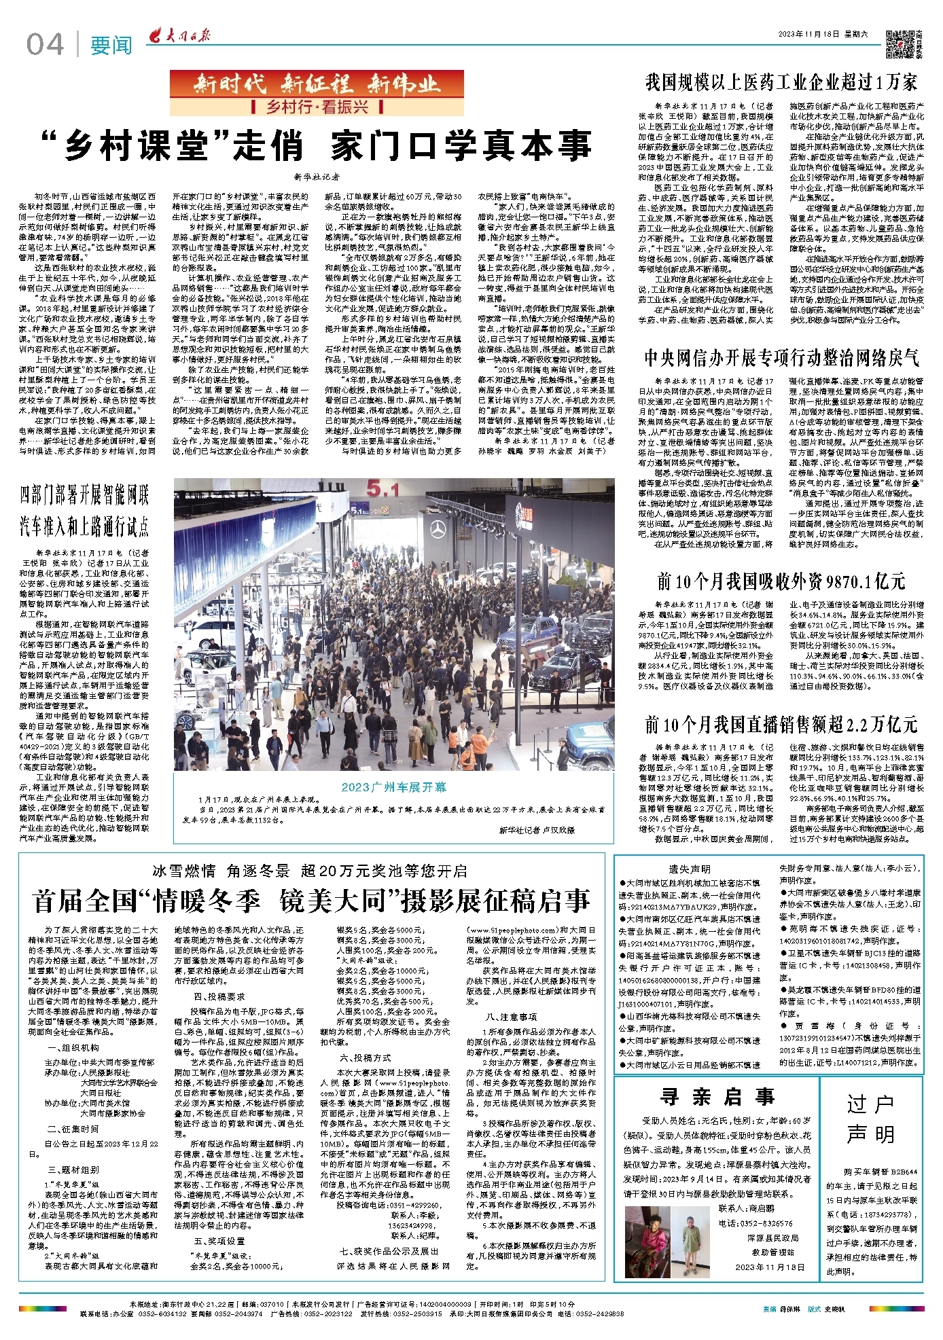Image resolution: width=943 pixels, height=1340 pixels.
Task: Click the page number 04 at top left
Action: pyautogui.click(x=46, y=45)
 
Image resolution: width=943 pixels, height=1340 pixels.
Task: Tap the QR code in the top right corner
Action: pyautogui.click(x=899, y=43)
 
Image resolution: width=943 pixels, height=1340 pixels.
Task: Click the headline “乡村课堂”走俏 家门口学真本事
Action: pyautogui.click(x=317, y=146)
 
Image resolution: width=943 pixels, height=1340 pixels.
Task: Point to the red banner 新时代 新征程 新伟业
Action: pyautogui.click(x=317, y=84)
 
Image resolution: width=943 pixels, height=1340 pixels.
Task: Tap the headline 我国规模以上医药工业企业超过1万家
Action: pyautogui.click(x=781, y=83)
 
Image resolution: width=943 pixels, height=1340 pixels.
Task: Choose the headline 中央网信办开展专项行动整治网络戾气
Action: pyautogui.click(x=782, y=359)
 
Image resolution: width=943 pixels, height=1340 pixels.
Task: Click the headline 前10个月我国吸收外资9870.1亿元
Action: pyautogui.click(x=781, y=581)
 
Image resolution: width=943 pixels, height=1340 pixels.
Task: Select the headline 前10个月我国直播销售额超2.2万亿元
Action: pyautogui.click(x=781, y=725)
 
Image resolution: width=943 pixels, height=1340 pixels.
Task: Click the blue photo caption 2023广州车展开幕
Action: pyautogui.click(x=394, y=786)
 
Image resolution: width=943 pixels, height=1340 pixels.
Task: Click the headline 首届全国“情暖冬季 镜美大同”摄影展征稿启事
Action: pyautogui.click(x=312, y=901)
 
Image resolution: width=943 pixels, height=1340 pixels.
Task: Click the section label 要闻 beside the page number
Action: pyautogui.click(x=111, y=46)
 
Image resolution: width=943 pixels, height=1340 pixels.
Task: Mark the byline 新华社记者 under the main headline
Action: pyautogui.click(x=317, y=177)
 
